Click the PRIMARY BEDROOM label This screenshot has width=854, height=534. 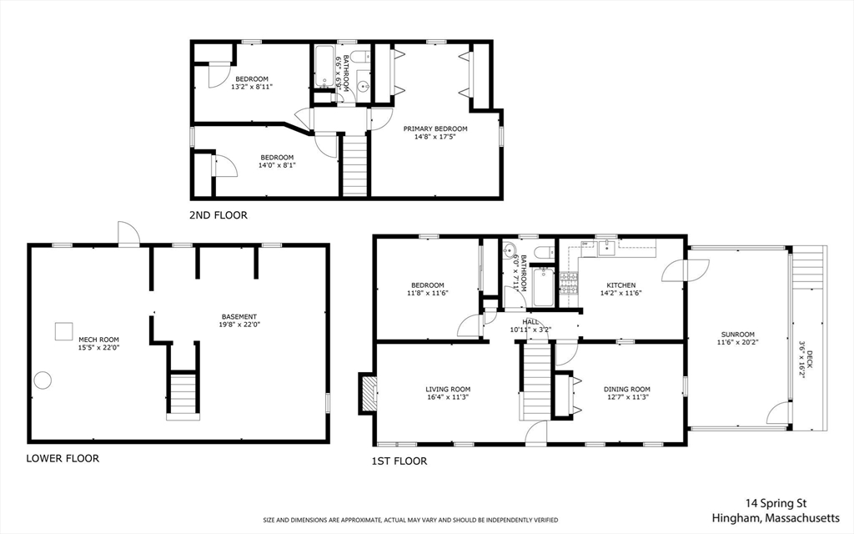click(435, 129)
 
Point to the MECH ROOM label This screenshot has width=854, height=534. click(98, 340)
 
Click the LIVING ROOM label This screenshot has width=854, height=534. click(448, 389)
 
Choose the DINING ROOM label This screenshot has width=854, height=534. click(627, 389)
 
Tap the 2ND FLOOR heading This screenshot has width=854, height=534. click(219, 215)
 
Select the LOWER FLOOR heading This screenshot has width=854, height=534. click(63, 458)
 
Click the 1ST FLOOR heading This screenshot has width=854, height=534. click(399, 461)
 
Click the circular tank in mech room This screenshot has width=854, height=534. click(43, 380)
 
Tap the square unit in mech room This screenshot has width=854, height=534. click(63, 331)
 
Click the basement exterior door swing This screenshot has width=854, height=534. click(126, 233)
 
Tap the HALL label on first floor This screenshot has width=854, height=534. click(530, 321)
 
